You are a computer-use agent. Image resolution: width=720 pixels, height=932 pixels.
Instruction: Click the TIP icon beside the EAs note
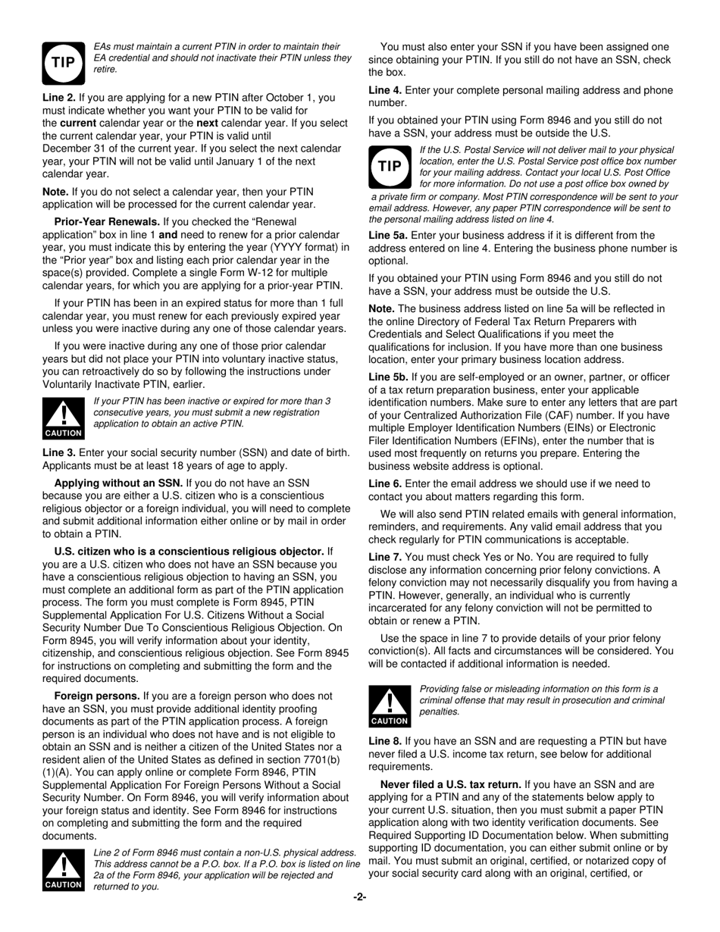point(63,62)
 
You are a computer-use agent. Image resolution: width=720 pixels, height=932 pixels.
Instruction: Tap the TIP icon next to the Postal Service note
point(389,167)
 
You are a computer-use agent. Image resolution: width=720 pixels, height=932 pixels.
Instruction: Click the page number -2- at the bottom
point(359,898)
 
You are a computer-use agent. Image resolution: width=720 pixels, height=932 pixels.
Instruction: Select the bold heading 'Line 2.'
point(59,98)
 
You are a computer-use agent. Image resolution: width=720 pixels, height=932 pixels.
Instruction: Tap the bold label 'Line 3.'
point(59,452)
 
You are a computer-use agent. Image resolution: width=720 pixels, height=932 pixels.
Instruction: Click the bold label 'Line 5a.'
point(387,236)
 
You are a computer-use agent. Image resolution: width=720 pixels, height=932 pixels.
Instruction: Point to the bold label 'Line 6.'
point(385,483)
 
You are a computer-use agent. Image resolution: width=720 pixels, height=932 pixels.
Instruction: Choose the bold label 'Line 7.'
point(385,557)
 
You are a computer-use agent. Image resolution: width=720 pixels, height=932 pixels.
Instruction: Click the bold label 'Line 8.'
point(385,741)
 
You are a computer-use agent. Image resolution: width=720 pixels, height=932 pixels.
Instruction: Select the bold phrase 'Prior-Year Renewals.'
point(107,222)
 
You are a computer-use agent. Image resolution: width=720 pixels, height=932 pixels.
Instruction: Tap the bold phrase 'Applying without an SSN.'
point(118,483)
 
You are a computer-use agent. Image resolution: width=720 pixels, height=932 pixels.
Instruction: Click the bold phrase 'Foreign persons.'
point(97,696)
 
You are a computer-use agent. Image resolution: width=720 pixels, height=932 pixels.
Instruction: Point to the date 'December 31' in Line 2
point(73,148)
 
